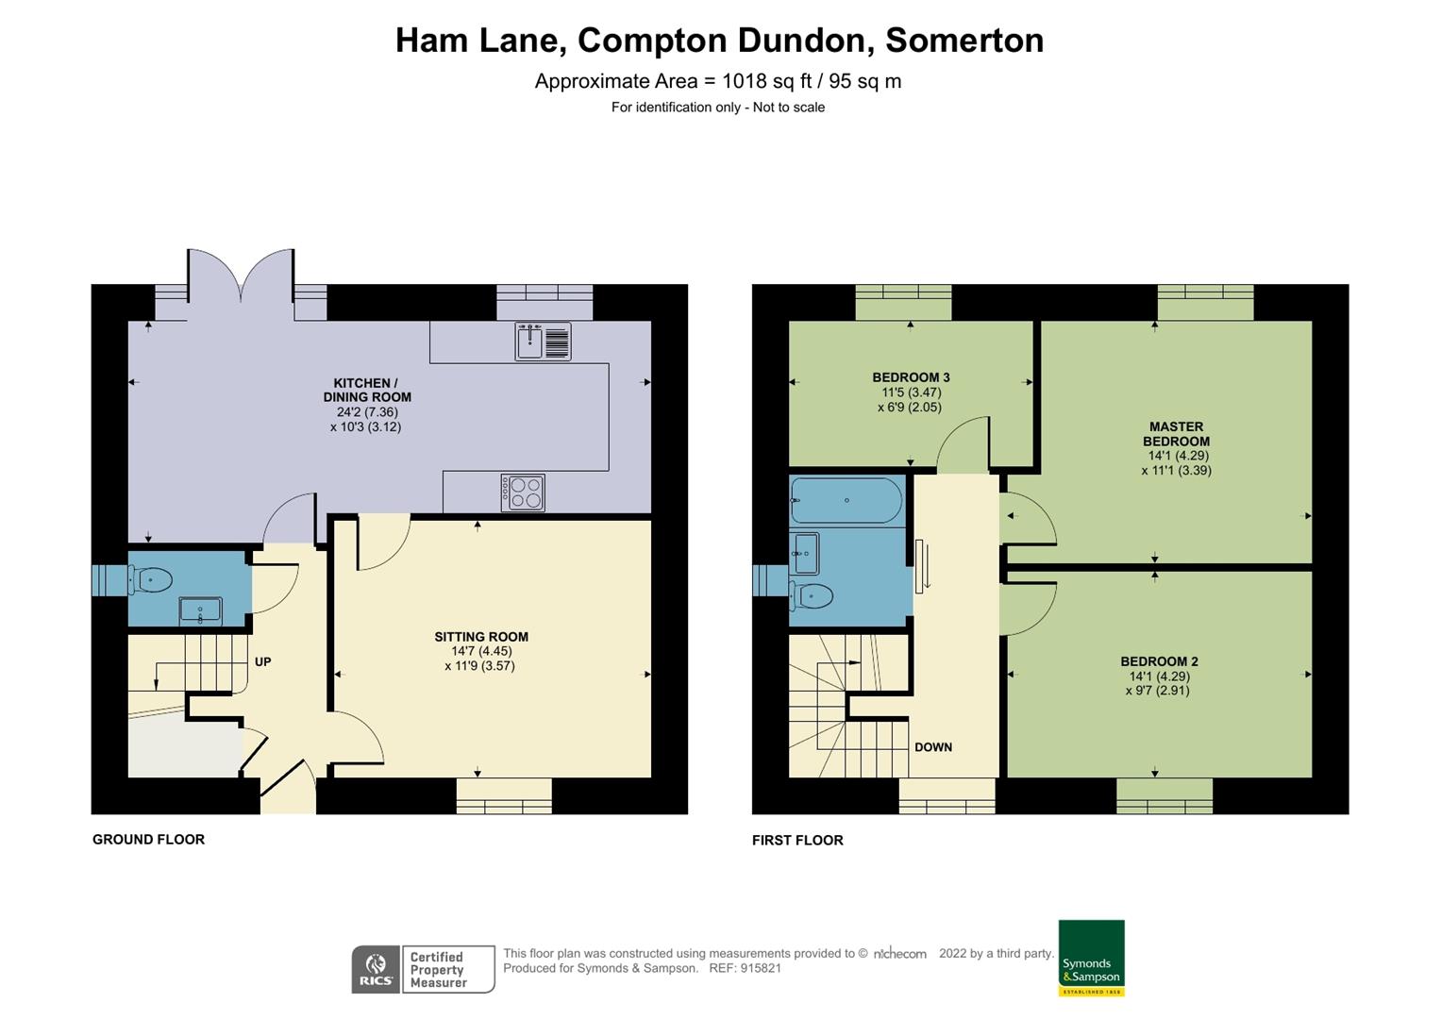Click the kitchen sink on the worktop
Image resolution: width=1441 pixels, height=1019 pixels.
click(543, 342)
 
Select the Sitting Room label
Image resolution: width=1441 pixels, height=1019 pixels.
click(481, 637)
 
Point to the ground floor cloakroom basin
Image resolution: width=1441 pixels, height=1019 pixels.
click(200, 611)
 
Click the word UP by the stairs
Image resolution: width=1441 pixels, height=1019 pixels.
click(262, 662)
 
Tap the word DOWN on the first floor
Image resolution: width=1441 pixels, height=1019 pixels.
click(932, 747)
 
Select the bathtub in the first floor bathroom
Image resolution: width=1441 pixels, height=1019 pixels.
click(846, 500)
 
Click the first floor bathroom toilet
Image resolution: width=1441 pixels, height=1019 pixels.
click(813, 595)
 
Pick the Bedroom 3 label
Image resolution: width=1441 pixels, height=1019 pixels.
click(911, 377)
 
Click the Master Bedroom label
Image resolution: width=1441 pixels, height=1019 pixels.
click(1176, 434)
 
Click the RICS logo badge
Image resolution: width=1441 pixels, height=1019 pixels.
click(376, 969)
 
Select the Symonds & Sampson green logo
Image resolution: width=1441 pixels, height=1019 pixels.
click(1091, 957)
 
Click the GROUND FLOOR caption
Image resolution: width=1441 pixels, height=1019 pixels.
click(148, 840)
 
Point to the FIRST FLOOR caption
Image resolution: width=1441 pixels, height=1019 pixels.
click(797, 841)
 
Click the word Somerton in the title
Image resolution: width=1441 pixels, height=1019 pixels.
click(963, 41)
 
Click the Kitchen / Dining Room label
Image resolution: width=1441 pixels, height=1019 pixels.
click(367, 390)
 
